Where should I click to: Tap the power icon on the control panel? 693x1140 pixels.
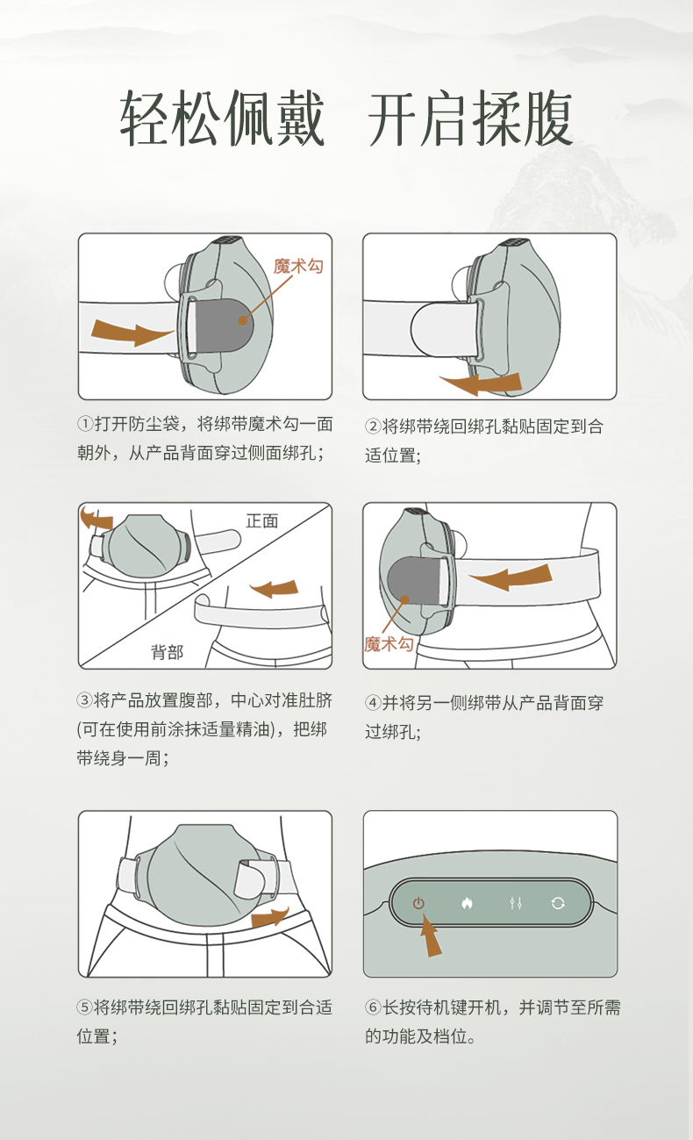(x=418, y=903)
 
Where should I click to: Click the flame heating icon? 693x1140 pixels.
(x=467, y=903)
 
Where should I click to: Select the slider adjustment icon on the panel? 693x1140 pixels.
(x=516, y=903)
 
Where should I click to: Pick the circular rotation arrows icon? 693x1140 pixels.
(x=558, y=903)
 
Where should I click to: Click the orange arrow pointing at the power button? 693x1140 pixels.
(x=430, y=936)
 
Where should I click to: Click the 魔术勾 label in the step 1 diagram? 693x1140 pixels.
(x=298, y=266)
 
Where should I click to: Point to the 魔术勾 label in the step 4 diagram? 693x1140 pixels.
(x=389, y=644)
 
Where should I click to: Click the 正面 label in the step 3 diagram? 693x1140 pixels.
(x=262, y=520)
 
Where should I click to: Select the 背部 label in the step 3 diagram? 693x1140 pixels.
(x=167, y=652)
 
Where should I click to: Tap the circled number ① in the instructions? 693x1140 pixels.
(x=85, y=423)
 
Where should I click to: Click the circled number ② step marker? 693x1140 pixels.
(x=373, y=426)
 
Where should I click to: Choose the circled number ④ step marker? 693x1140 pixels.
(x=373, y=703)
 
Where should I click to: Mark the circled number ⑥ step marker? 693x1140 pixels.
(x=373, y=1007)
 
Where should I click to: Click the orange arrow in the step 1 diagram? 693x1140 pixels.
(x=132, y=332)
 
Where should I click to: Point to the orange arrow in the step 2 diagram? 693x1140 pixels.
(x=481, y=384)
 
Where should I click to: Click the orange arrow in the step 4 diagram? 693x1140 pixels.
(x=511, y=577)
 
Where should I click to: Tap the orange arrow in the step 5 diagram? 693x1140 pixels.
(x=269, y=917)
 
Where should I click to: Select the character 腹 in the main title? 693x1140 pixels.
(x=547, y=118)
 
